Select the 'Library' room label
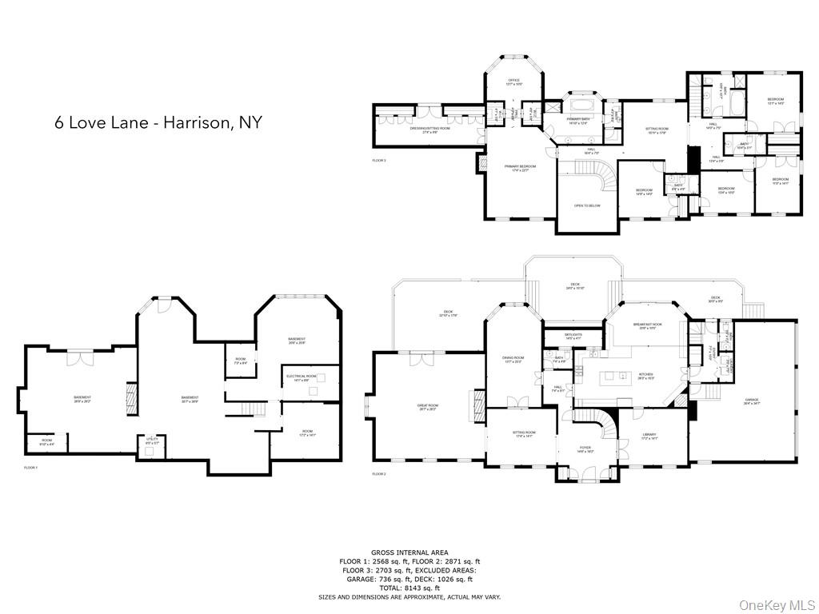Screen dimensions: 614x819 click(x=649, y=436)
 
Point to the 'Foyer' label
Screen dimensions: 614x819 click(x=585, y=449)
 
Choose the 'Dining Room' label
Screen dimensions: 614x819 click(x=513, y=359)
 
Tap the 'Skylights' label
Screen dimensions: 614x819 click(x=573, y=336)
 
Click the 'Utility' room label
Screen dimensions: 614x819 click(x=150, y=441)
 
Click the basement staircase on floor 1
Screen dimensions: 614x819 click(x=254, y=409)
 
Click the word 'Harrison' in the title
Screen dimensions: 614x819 click(x=194, y=122)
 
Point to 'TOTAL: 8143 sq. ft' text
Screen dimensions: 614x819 click(x=409, y=588)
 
